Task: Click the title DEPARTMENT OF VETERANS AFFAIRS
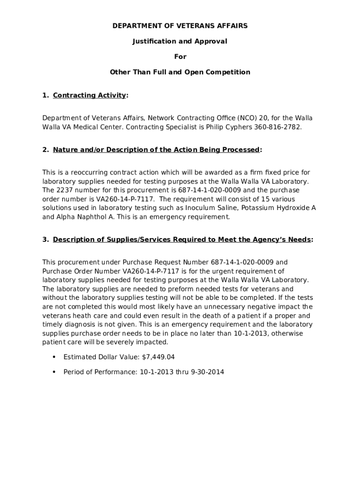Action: point(180,26)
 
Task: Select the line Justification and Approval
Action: point(180,41)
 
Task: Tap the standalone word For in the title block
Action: point(180,57)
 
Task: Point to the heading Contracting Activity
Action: point(89,95)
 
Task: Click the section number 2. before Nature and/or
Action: point(45,150)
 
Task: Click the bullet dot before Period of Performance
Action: point(54,372)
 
